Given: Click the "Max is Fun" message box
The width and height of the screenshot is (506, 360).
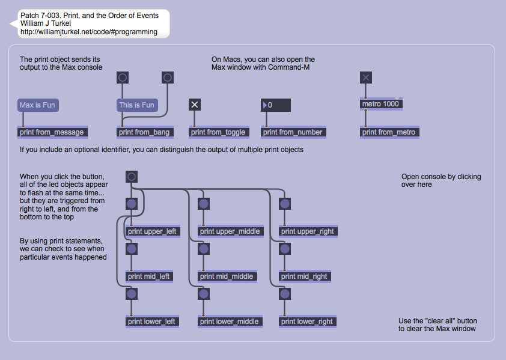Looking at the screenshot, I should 38,105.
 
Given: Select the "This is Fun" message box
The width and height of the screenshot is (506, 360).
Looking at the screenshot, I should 136,105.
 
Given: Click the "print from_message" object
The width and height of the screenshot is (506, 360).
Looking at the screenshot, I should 52,132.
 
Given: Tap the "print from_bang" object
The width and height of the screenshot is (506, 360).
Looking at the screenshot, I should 144,132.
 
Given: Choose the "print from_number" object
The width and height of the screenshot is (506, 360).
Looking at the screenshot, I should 293,132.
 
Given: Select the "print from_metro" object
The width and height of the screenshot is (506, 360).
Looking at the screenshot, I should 389,132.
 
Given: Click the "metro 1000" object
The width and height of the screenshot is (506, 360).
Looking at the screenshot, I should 381,104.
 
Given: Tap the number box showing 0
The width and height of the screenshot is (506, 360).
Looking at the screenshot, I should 276,105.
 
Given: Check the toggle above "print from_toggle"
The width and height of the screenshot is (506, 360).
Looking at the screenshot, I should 195,105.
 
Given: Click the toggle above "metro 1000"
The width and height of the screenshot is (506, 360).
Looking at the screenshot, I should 366,77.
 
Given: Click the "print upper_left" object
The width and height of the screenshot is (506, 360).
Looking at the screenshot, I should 153,231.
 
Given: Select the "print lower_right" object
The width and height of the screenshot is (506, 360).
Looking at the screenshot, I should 307,322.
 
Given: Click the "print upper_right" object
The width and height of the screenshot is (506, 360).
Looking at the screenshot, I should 308,231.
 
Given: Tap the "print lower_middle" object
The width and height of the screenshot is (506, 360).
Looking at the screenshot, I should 230,322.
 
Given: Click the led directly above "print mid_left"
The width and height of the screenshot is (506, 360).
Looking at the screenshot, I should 132,249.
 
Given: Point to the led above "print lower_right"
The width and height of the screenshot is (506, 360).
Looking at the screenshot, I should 285,294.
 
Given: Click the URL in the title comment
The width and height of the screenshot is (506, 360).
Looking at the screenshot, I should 89,32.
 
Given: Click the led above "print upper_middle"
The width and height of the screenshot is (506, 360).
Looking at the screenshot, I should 204,204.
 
